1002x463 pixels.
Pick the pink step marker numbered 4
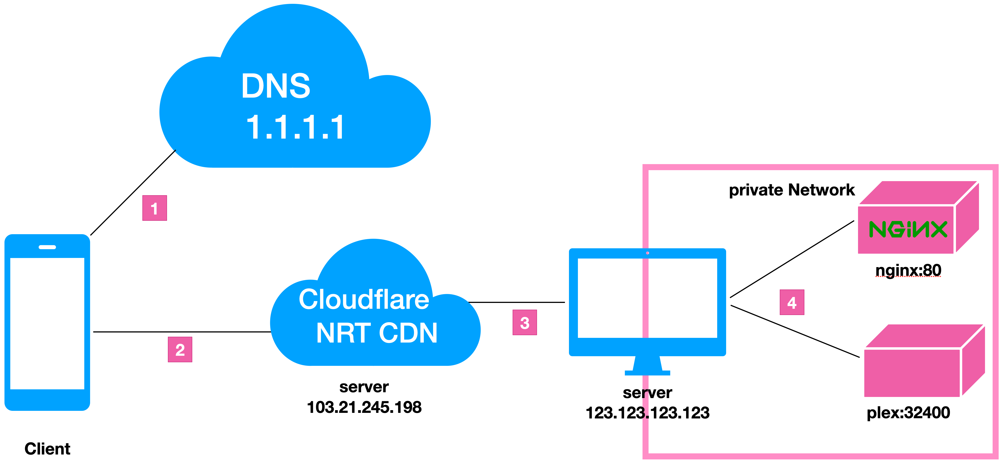click(x=792, y=302)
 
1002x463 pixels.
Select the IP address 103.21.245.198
click(x=364, y=407)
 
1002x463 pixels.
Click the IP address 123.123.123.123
click(x=647, y=413)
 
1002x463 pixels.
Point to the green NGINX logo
click(x=907, y=229)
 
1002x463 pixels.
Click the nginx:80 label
click(x=908, y=270)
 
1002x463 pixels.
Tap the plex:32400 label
click(x=908, y=413)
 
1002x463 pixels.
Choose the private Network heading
click(x=792, y=190)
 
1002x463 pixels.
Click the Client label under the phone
click(x=47, y=449)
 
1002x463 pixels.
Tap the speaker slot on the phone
click(x=47, y=247)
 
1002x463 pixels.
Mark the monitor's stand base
click(x=647, y=373)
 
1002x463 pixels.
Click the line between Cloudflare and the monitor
click(x=517, y=302)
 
